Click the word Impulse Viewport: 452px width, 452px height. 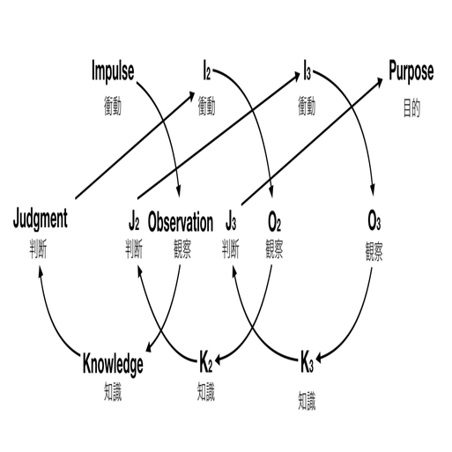pos(114,70)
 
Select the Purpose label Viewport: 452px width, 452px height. pos(411,70)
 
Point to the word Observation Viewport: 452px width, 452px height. pos(180,221)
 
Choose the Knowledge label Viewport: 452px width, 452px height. pos(113,362)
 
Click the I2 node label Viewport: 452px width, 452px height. pos(206,70)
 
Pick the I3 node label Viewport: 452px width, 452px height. pos(307,70)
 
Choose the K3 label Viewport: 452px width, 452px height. pos(307,362)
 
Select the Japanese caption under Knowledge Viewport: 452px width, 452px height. pos(113,388)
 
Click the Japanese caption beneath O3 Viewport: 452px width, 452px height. pos(374,249)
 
